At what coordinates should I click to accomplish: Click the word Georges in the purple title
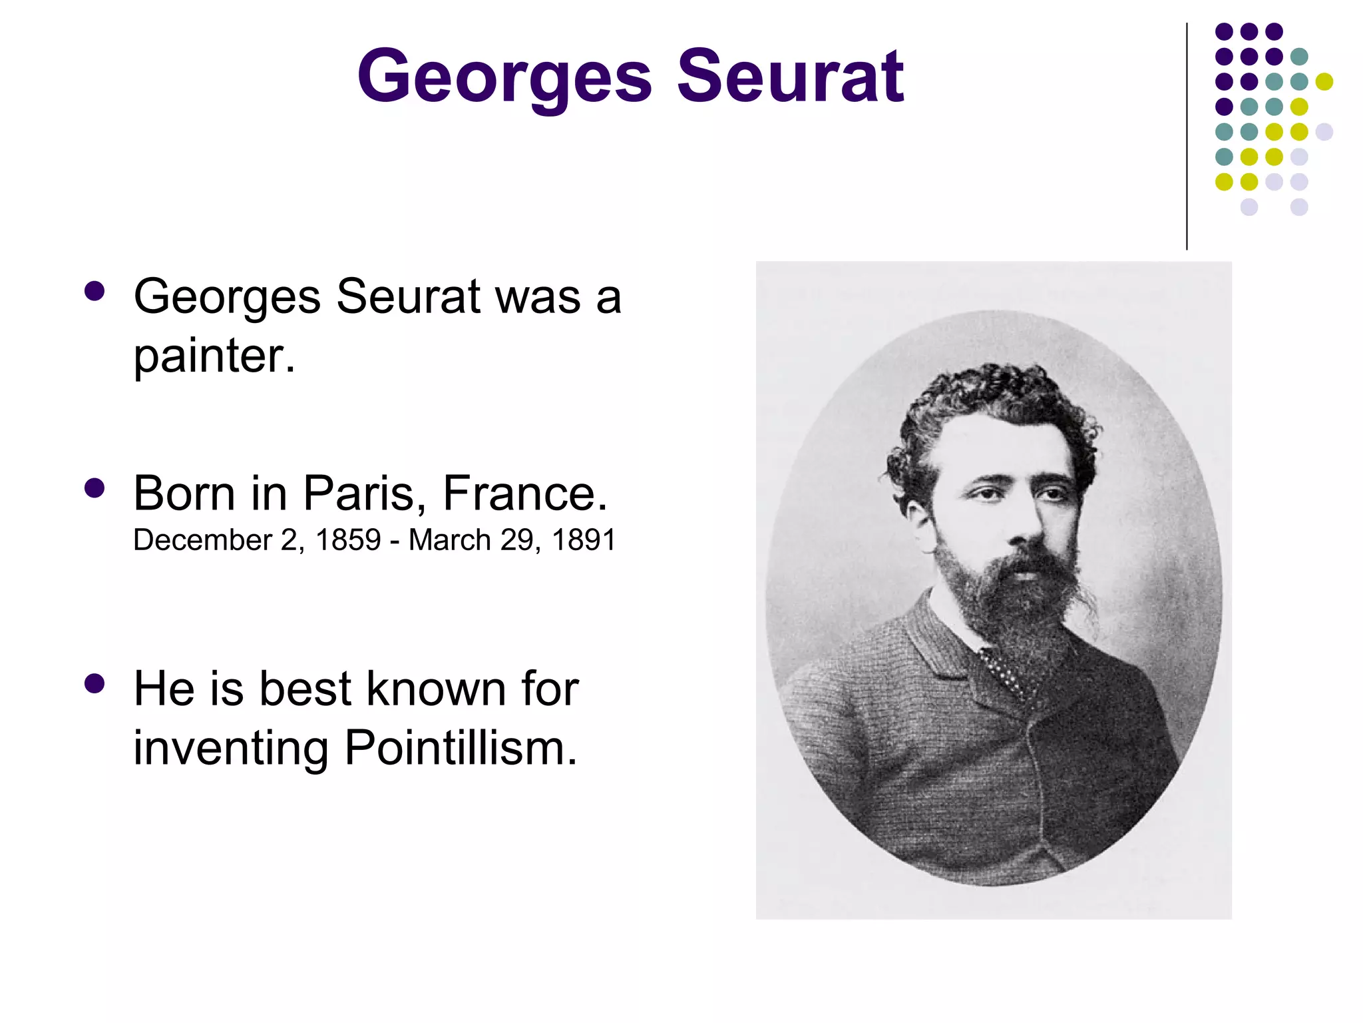pos(504,79)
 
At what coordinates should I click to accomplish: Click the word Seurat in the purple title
pos(790,77)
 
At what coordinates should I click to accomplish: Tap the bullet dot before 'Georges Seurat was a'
pos(95,292)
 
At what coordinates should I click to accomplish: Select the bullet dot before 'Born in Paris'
pos(95,488)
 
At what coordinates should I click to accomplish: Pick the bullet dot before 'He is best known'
pos(95,684)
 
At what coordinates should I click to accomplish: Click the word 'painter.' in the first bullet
pos(214,357)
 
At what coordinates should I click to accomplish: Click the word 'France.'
pos(525,494)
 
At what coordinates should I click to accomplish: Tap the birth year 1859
pos(348,539)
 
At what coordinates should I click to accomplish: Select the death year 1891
pos(584,539)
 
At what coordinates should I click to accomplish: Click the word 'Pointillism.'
pos(461,748)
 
